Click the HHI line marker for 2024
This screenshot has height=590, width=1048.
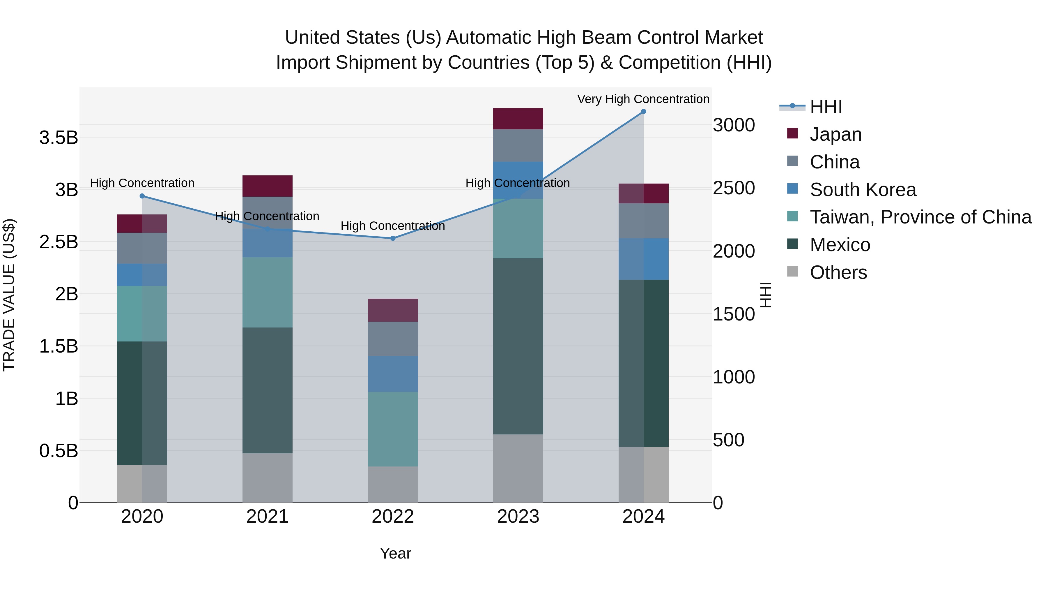click(643, 112)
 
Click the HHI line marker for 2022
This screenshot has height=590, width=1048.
click(393, 238)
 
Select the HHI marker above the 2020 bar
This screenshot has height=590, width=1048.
click(142, 196)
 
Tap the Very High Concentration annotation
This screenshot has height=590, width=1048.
click(643, 99)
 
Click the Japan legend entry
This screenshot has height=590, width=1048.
click(835, 134)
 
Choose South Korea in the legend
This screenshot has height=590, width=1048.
click(863, 190)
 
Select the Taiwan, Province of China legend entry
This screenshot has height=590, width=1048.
click(920, 217)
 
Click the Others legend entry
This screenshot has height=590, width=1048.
click(838, 272)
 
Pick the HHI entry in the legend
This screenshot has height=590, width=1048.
click(826, 107)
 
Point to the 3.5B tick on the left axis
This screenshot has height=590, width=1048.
click(59, 138)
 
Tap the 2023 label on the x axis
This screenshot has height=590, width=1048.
click(518, 517)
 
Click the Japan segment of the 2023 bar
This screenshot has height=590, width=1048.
click(518, 119)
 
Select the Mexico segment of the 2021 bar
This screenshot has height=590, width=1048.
click(267, 390)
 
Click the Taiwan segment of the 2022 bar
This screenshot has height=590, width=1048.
click(393, 429)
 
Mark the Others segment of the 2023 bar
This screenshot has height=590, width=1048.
click(518, 468)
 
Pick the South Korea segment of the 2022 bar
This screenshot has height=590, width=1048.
click(393, 374)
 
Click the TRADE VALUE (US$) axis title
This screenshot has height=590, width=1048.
click(9, 295)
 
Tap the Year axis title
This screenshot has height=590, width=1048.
click(395, 553)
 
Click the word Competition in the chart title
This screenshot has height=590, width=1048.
click(670, 63)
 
